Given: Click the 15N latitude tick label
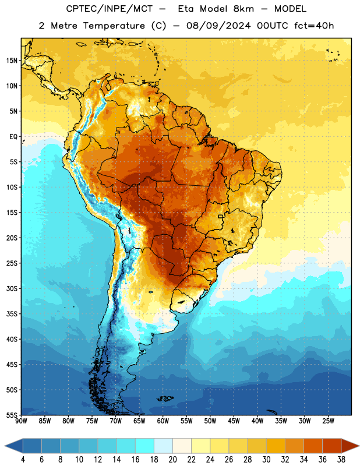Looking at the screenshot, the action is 12,61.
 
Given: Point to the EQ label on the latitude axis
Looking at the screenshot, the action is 13,137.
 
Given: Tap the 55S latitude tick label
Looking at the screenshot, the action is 12,415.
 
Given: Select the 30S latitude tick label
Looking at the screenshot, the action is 12,288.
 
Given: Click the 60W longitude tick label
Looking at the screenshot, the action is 163,421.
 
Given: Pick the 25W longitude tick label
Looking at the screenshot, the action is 328,421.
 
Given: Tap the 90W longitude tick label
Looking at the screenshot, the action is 21,421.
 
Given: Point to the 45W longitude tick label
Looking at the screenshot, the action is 234,421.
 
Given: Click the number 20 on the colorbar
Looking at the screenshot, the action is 172,460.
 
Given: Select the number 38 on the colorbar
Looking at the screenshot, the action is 341,460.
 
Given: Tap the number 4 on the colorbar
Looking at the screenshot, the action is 23,460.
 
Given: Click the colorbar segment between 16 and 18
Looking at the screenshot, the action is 145,446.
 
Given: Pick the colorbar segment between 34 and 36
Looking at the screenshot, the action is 313,446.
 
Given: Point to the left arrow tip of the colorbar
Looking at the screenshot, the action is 5,446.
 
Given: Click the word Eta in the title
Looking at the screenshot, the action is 186,9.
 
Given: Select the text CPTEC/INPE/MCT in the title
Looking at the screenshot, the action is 109,9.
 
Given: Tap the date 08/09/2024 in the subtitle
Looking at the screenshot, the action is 218,26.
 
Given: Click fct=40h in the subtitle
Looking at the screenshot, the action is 314,26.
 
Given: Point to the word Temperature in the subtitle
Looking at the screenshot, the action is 114,26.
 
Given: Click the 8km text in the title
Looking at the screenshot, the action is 243,9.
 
